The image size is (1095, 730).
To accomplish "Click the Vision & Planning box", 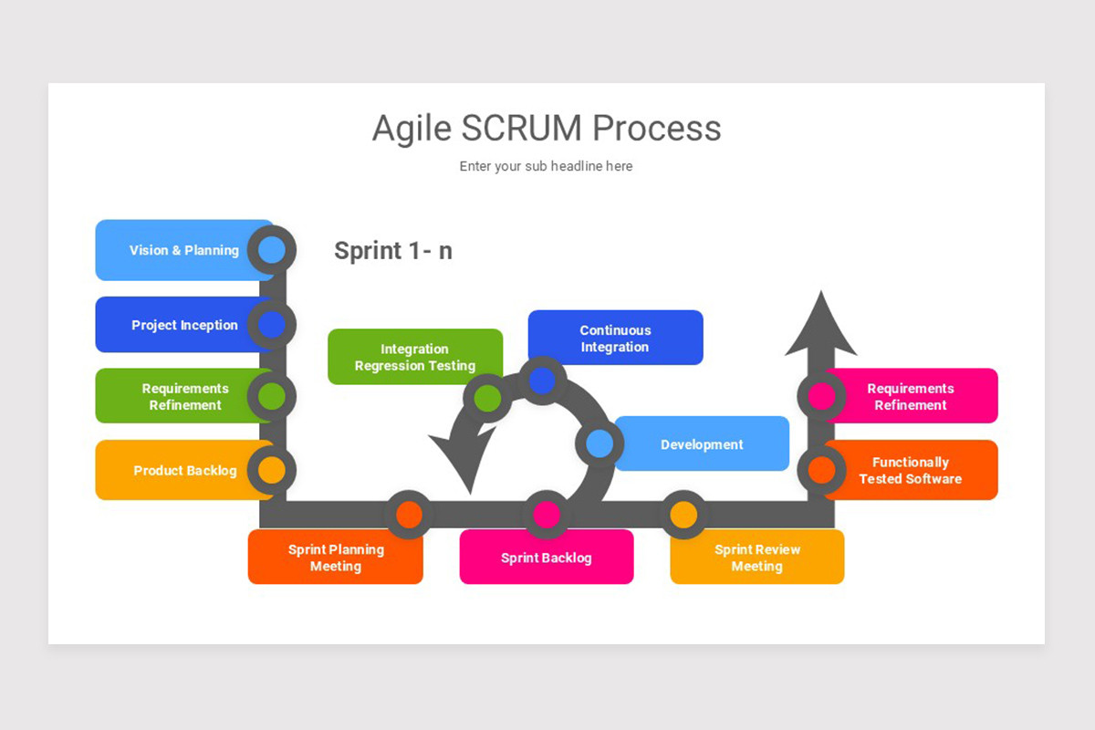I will [x=182, y=250].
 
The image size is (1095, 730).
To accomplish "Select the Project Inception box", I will [x=182, y=325].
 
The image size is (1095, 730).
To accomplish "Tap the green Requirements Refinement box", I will [x=182, y=396].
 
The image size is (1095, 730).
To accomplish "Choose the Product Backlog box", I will [x=182, y=471].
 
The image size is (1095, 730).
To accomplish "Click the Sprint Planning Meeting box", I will [x=336, y=558].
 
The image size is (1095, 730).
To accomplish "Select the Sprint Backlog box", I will [x=547, y=558].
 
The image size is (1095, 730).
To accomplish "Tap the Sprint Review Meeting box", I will [x=757, y=558].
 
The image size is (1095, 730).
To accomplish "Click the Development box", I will [x=703, y=444].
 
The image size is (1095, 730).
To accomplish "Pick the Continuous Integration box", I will [x=615, y=339].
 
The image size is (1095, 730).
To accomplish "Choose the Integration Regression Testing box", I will [x=415, y=357].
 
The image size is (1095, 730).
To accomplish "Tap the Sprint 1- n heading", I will [x=393, y=250].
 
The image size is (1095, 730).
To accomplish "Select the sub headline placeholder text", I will [x=546, y=166].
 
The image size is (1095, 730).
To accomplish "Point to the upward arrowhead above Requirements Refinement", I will [x=821, y=324].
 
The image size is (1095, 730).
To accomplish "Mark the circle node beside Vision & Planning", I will [x=272, y=250].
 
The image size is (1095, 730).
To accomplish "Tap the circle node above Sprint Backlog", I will [x=547, y=515].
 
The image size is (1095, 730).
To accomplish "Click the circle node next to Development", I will [x=600, y=444].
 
